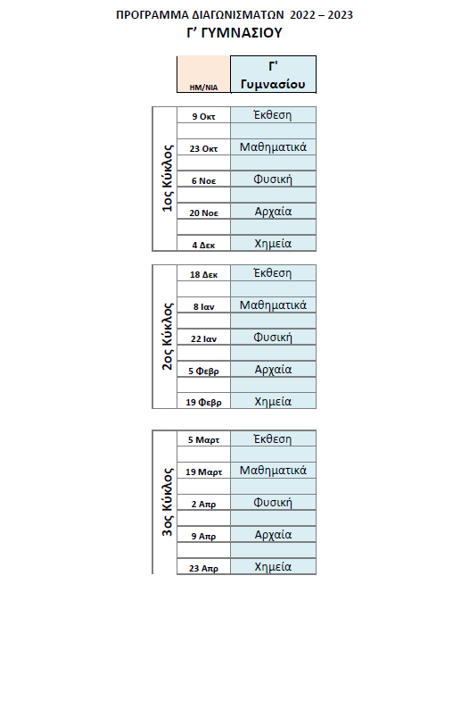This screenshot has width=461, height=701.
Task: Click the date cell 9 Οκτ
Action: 203,116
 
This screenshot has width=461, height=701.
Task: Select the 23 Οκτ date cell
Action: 203,148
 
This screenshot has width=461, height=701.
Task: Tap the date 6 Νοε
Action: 203,180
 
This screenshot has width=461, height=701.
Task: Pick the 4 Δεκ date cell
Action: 203,245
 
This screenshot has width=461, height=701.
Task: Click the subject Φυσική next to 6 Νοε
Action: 273,179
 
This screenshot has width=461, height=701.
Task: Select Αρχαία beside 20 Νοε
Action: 273,212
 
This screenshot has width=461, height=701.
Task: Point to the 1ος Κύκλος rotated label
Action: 167,178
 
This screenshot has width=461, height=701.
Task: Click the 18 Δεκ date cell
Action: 203,274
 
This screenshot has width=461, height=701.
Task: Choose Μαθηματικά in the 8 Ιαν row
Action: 273,305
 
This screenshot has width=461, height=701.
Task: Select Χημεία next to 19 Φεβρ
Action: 273,402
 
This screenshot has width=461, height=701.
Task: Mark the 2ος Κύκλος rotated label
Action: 167,336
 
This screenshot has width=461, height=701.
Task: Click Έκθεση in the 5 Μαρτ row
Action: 273,439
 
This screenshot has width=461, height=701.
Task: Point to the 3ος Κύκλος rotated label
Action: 167,502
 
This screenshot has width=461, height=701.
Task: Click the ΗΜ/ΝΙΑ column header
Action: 203,88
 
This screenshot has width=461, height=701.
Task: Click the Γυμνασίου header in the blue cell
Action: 273,84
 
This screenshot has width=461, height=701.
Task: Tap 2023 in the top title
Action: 340,15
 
